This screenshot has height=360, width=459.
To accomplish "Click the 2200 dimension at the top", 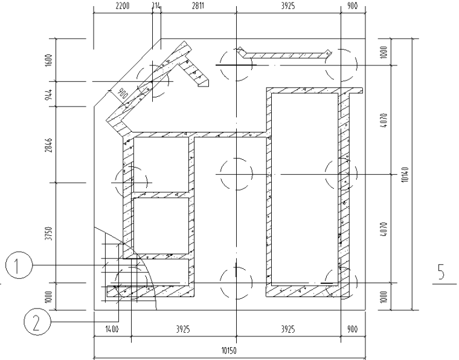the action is (x=123, y=6).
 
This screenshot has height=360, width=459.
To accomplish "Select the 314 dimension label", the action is (x=156, y=6).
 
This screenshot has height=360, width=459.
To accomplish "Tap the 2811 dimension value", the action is (x=198, y=6).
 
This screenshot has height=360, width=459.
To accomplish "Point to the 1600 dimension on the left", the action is (x=49, y=60).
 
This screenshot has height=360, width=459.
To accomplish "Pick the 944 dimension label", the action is (x=49, y=94).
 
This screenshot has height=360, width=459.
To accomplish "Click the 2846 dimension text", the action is (x=49, y=145).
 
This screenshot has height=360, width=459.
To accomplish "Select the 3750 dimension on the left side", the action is (x=49, y=234).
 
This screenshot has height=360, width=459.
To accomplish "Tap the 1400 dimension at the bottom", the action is (x=112, y=329).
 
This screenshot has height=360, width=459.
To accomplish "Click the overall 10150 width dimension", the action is (x=229, y=351).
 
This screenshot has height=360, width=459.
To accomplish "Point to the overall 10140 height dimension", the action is (x=405, y=174).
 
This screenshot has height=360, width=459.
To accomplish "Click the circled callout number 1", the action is (x=19, y=265).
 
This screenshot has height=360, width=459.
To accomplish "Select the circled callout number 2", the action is (x=37, y=322).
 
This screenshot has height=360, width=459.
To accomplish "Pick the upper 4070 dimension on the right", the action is (x=385, y=120).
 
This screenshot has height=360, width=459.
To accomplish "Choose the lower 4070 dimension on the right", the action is (x=385, y=229).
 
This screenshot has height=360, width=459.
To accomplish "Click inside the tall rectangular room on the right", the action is (x=305, y=188).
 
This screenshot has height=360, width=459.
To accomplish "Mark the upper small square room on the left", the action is (x=161, y=165).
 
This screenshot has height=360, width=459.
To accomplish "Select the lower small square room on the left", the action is (x=161, y=226).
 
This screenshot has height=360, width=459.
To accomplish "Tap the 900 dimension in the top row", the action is (x=353, y=6).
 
